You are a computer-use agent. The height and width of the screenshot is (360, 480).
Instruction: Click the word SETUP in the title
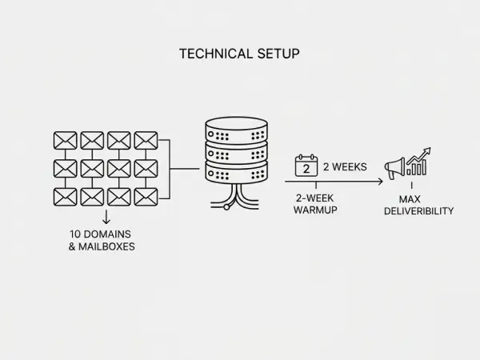coord(277,54)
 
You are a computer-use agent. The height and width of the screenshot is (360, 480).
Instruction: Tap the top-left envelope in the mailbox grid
coord(65,141)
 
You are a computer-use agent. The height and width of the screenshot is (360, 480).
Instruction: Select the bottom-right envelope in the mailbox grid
coord(146,196)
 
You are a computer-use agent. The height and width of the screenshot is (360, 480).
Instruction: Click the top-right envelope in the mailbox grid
coord(146,141)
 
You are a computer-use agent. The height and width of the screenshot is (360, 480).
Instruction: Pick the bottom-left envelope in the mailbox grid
coord(65,196)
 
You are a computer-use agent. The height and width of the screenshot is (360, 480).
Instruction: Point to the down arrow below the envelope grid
coord(106,218)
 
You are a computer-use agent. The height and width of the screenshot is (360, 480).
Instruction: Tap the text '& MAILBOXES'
coord(102,246)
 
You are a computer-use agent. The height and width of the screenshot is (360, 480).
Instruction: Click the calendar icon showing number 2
coord(306,166)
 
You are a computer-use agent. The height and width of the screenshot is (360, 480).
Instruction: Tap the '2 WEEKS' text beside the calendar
coord(345,167)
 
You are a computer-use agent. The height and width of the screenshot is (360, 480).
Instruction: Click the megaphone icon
coord(395,170)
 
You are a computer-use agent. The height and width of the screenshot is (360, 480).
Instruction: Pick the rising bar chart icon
coord(418,162)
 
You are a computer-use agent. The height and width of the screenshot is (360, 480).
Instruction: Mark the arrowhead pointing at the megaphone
coord(380,182)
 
